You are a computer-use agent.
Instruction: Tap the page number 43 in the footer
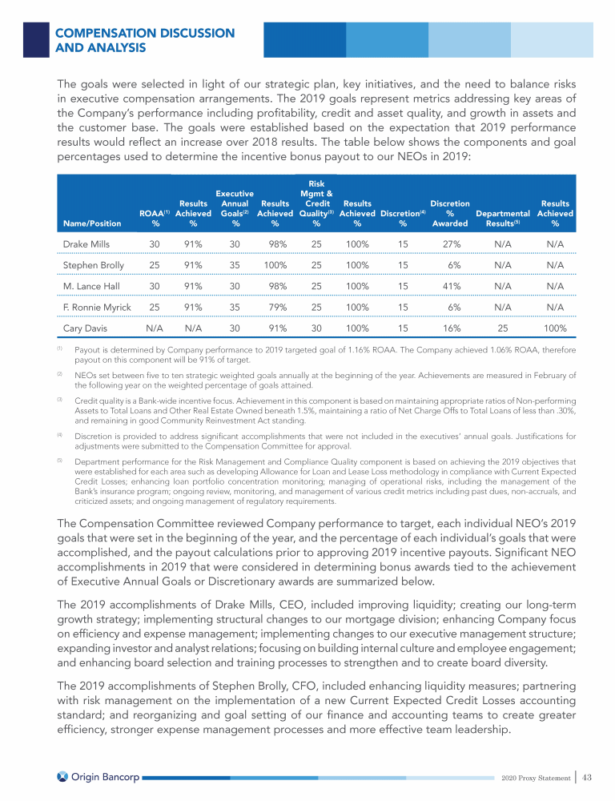pos(586,778)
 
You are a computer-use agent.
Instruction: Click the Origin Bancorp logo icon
pos(63,778)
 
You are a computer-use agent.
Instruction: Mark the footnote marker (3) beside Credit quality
pos(60,397)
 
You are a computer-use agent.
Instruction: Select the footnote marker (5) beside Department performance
pos(60,460)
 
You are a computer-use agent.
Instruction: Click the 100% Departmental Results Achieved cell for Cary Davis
pos(555,328)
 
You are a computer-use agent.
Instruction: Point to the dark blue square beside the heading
pos(36,39)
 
